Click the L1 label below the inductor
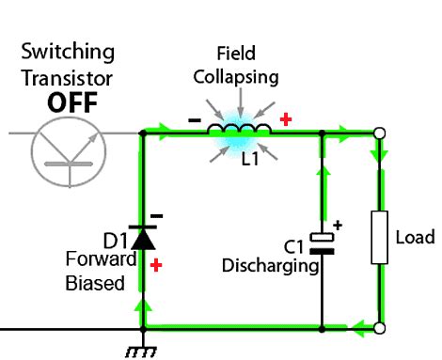click(249, 160)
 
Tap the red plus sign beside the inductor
click(286, 119)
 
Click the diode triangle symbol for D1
click(143, 238)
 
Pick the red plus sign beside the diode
click(156, 266)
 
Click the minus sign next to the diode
click(157, 215)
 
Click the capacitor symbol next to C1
click(323, 243)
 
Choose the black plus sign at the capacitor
click(338, 226)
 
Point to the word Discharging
click(270, 266)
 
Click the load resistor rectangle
click(380, 238)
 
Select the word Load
click(414, 237)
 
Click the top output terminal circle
click(379, 133)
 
